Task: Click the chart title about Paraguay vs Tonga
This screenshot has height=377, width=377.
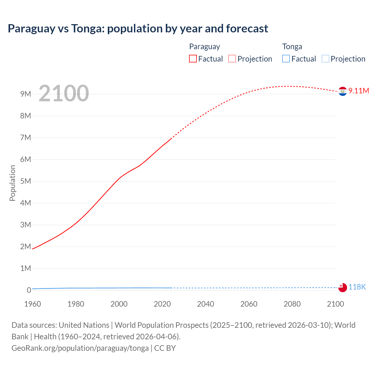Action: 138,29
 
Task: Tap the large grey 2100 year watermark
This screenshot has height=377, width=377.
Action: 64,93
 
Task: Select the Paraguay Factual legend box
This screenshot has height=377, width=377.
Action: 193,59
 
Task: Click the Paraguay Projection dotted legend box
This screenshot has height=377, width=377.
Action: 232,59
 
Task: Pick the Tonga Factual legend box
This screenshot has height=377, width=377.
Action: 286,59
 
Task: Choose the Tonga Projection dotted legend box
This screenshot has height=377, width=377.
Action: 325,59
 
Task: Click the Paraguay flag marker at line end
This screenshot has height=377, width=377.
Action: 343,92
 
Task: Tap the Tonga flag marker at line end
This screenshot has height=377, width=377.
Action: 343,287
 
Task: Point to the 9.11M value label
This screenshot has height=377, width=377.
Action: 358,91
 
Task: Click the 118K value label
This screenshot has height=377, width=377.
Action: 357,287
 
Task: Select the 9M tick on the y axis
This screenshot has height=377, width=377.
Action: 26,94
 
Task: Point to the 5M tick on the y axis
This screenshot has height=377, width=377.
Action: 26,181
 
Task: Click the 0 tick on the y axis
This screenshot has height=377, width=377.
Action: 29,290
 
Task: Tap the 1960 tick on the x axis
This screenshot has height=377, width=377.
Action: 32,304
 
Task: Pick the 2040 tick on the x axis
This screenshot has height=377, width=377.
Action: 206,304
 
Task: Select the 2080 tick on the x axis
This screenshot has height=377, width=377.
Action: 292,304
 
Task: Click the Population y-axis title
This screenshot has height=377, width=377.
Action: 12,183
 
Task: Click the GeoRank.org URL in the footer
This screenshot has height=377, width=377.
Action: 80,348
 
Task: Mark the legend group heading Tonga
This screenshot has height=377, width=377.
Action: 292,47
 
